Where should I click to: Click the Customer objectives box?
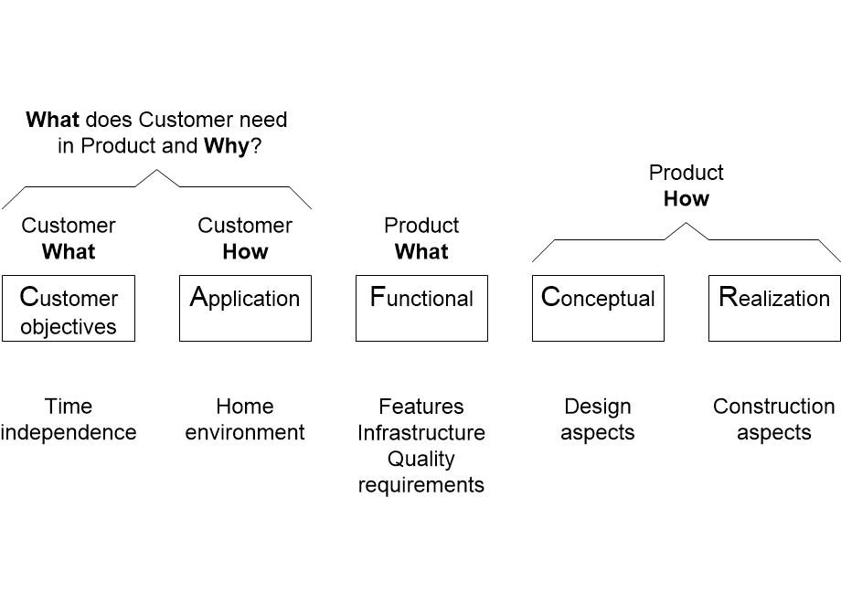pos(69,308)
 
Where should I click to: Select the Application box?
pos(245,308)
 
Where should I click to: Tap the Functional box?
pos(421,308)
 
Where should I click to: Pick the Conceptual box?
pos(598,308)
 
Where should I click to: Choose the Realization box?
pos(774,308)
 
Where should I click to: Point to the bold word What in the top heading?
pos(53,120)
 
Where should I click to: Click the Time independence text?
pos(69,419)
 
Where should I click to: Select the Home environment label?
pos(245,419)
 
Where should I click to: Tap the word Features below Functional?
pos(421,407)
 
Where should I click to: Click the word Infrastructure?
pos(421,432)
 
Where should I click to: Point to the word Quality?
pos(421,459)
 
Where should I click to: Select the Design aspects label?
pos(598,419)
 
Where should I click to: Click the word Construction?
pos(774,407)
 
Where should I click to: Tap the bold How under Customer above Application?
pos(245,251)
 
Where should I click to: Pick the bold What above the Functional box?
pos(421,251)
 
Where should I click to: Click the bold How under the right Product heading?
pos(687,199)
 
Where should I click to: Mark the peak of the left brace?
pos(156,170)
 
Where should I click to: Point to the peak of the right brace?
pos(687,223)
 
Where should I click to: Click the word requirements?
pos(421,485)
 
